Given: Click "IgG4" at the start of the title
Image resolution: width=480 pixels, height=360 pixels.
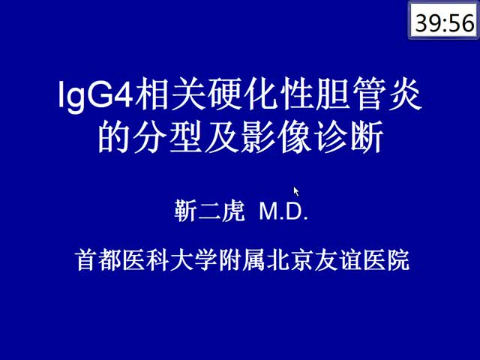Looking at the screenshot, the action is [95, 94].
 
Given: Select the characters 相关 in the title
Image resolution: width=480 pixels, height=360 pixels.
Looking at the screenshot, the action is [169, 94].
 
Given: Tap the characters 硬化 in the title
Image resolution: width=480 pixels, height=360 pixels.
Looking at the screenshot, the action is [241, 94].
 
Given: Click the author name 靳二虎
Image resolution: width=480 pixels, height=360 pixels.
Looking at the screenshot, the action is [210, 211].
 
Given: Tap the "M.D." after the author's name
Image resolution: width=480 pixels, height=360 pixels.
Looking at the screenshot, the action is [283, 211].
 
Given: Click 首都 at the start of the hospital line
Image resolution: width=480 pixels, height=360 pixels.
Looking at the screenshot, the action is [99, 260].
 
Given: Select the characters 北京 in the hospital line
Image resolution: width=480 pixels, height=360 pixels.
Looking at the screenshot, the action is [290, 260].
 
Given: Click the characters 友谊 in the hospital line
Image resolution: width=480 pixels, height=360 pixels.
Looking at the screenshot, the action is [338, 260].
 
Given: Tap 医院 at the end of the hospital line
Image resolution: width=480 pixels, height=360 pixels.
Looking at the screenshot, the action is [386, 260].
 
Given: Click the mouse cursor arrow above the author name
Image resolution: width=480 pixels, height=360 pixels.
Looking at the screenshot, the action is [296, 192].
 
